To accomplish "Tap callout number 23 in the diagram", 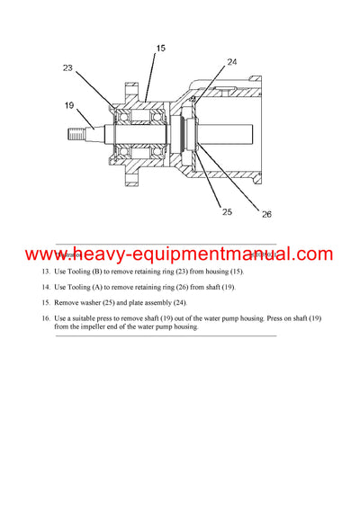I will tap(68, 67).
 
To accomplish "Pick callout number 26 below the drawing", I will tap(265, 214).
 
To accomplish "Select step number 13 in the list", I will tap(46, 272).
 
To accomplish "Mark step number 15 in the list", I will tap(46, 302).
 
